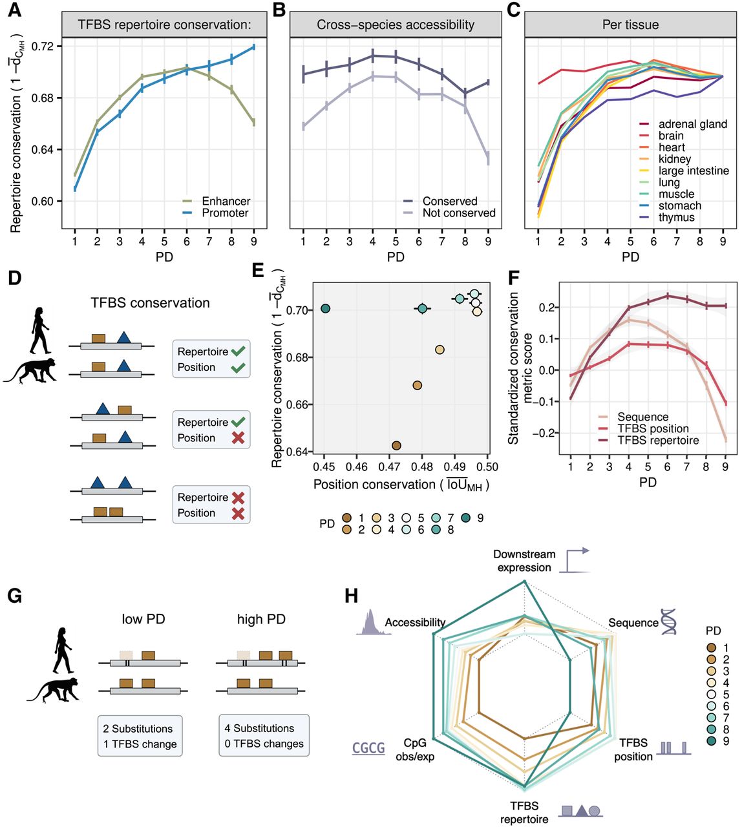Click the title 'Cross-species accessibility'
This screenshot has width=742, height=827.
pos(396,25)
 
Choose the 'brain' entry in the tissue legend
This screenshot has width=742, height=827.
pos(671,136)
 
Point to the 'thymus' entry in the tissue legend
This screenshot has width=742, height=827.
pos(676,217)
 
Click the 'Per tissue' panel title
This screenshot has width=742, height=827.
pos(630,25)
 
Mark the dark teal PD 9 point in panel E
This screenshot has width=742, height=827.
pos(326,309)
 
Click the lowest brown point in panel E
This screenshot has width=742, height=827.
pos(396,445)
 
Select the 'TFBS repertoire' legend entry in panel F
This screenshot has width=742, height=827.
pos(657,441)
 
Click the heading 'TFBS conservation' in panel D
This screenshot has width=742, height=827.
pos(150,303)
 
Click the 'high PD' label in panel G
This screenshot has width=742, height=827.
pos(261,619)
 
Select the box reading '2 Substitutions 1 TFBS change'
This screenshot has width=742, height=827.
pos(140,736)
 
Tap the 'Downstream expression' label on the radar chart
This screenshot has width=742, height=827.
pos(524,561)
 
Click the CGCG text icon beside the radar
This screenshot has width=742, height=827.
pos(368,748)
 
